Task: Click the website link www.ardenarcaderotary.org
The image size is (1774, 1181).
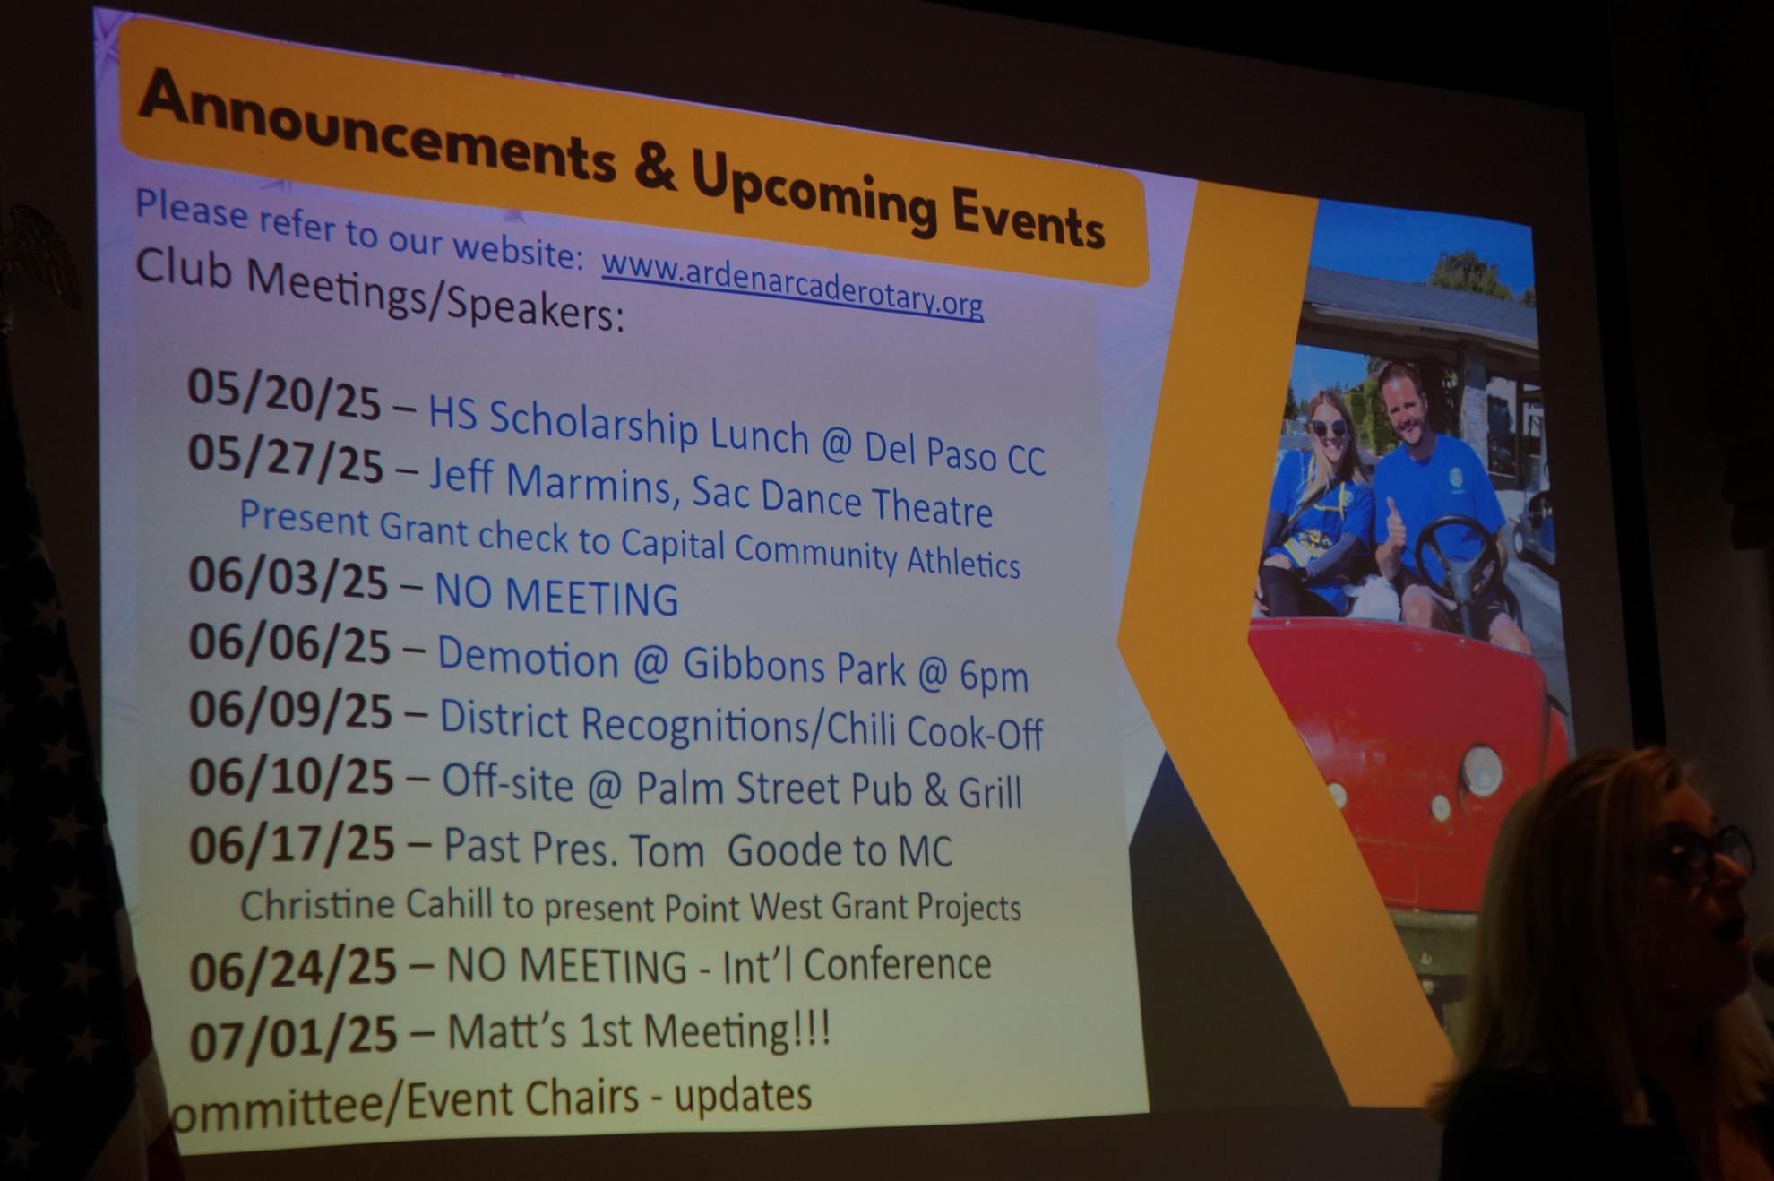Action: tap(792, 285)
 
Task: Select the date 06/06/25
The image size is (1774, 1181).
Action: tap(289, 643)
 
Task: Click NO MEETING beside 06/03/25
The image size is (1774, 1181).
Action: tap(556, 595)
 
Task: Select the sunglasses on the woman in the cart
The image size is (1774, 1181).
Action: tap(1330, 428)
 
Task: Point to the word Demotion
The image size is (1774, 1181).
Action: tap(528, 657)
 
